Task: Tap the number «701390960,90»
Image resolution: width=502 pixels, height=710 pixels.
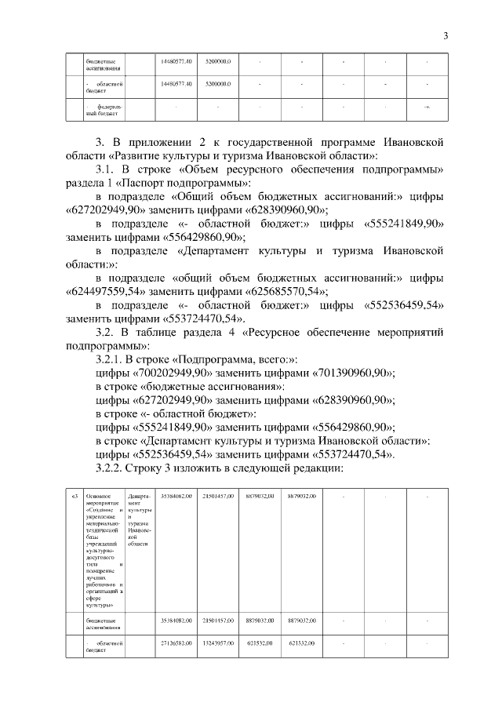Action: [x=354, y=373]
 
